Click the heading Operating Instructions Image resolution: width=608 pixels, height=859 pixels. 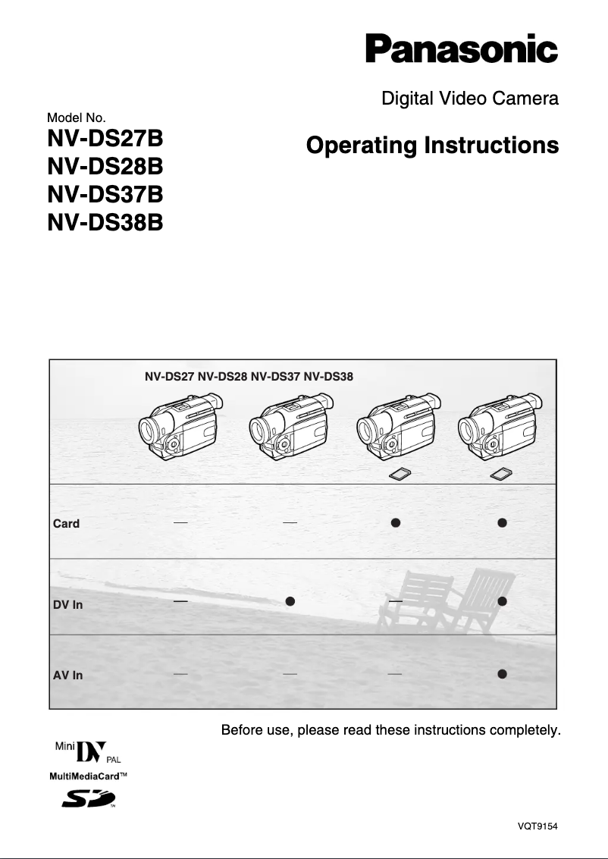pos(432,145)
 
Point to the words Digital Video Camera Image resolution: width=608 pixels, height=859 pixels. pos(469,98)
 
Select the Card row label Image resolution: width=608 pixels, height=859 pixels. pos(66,524)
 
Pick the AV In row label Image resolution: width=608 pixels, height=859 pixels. pos(67,676)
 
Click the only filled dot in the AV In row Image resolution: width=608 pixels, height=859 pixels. pos(502,673)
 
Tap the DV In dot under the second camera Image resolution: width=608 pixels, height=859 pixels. pos(290,600)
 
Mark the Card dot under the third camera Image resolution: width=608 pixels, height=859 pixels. pos(395,522)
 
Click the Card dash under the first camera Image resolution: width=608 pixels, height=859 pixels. pos(180,522)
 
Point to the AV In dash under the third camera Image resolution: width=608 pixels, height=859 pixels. pos(394,673)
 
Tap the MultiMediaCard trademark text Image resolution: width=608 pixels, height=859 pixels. pos(88,776)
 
